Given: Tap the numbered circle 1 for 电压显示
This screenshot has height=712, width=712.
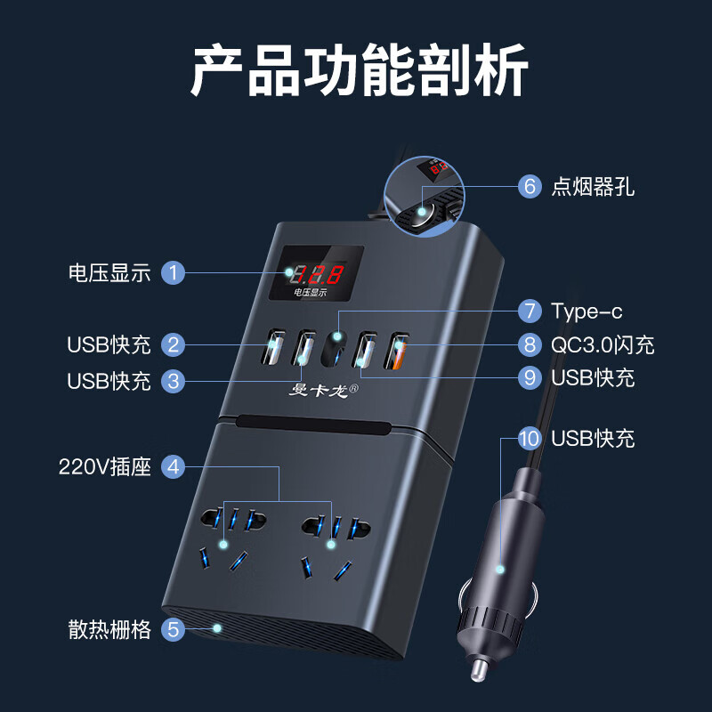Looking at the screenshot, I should [174, 272].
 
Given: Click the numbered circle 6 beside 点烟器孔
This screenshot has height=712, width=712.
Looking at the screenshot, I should [530, 186].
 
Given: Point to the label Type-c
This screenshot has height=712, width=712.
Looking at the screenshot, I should [587, 311].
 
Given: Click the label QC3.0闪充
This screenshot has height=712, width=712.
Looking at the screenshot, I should [603, 344].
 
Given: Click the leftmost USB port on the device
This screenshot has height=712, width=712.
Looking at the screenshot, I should [272, 349].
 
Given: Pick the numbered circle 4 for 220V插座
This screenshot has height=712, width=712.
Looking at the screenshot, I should [174, 466].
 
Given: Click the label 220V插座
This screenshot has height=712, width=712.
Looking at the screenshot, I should [105, 466].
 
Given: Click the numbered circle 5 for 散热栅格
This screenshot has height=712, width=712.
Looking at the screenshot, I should [174, 630].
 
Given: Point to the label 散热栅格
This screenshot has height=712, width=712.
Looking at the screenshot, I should [110, 630].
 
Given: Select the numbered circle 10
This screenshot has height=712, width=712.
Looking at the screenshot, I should [530, 438].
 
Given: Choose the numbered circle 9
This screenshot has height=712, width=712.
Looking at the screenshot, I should [530, 377].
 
